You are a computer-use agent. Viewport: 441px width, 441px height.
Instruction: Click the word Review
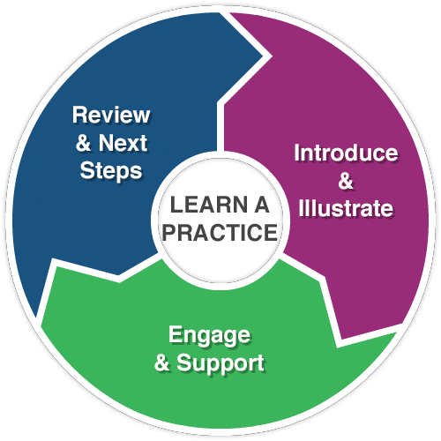pos(111,115)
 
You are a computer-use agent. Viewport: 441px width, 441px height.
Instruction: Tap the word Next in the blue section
pos(123,143)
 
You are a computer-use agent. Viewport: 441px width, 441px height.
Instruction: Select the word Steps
pos(111,172)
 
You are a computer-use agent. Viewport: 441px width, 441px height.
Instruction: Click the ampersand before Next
pos(83,143)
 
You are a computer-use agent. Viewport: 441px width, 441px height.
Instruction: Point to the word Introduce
pos(346,153)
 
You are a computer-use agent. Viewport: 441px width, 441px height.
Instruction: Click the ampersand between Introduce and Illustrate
pos(346,181)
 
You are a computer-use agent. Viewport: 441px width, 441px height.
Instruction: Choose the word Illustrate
pos(346,208)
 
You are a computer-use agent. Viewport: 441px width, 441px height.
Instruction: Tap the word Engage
pos(209,336)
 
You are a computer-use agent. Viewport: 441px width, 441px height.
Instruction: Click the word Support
pos(220,363)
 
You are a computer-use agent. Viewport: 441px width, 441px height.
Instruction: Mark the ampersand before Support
pos(162,363)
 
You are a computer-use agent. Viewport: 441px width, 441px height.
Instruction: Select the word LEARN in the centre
pos(209,205)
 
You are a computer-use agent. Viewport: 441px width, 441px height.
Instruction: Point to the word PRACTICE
pos(220,232)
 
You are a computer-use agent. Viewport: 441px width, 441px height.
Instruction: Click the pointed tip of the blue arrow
pos(263,56)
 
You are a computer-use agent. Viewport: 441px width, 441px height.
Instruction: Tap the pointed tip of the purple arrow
pos(340,339)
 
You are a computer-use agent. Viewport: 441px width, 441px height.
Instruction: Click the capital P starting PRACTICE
pos(169,232)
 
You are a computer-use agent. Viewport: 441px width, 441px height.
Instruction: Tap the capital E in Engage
pos(176,334)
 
